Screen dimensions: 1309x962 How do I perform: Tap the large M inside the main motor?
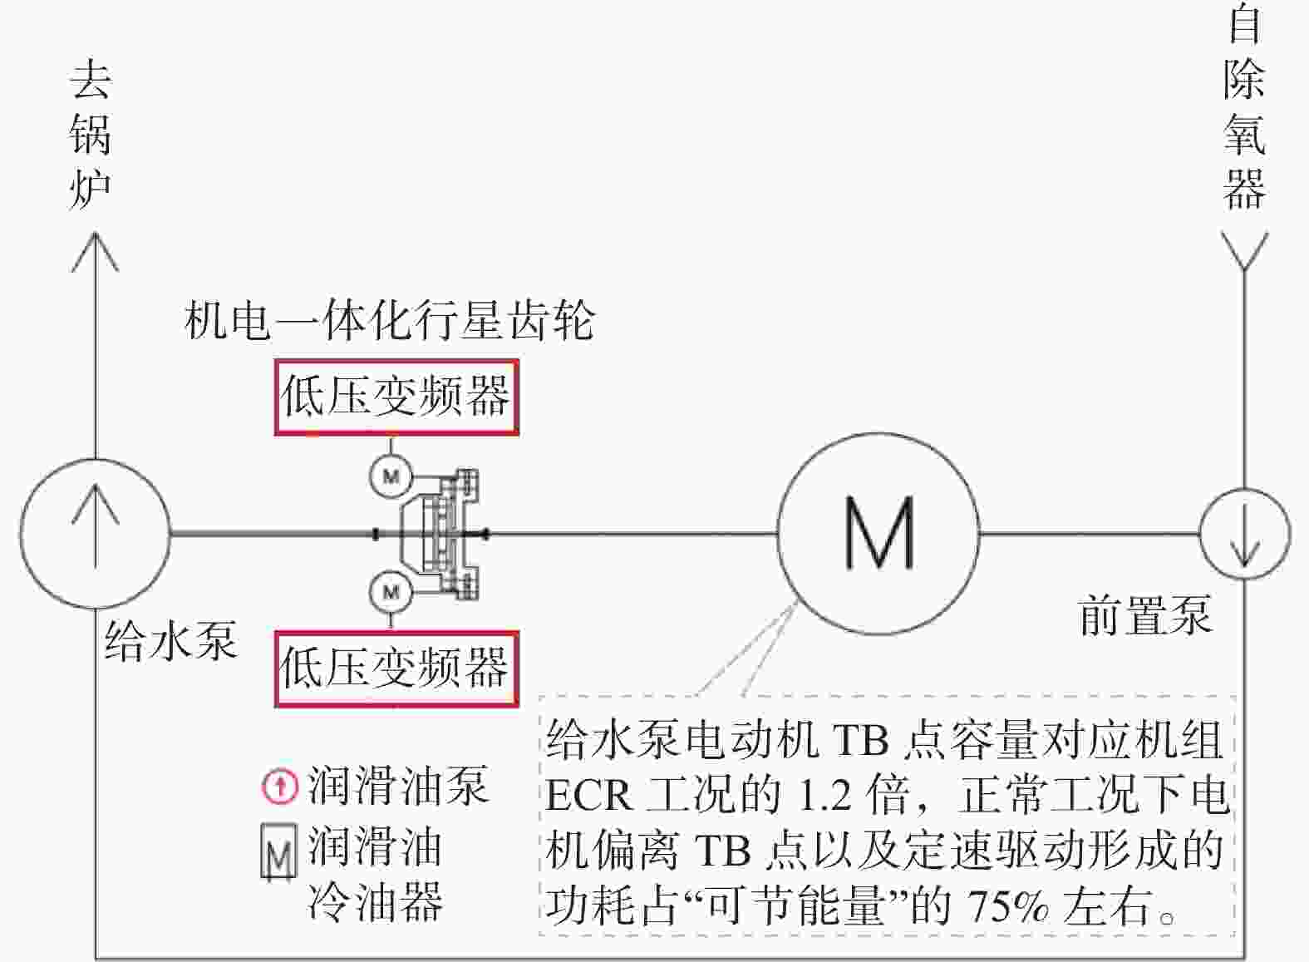[879, 532]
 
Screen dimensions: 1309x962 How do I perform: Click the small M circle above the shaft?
[391, 476]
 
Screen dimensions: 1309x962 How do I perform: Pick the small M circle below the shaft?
[391, 591]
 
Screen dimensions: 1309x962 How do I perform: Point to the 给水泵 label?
[171, 640]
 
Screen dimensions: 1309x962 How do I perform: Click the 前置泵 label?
[1144, 615]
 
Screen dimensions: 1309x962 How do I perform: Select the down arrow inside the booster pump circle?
[1245, 533]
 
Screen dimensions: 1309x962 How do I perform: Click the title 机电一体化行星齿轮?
[390, 319]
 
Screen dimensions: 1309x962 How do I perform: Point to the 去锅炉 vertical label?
[91, 133]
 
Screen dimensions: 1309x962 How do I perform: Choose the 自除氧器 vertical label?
[1245, 106]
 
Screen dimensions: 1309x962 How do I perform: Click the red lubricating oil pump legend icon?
[280, 786]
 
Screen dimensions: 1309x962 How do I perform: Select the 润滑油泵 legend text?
[398, 786]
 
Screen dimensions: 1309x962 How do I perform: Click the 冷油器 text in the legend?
[375, 902]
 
